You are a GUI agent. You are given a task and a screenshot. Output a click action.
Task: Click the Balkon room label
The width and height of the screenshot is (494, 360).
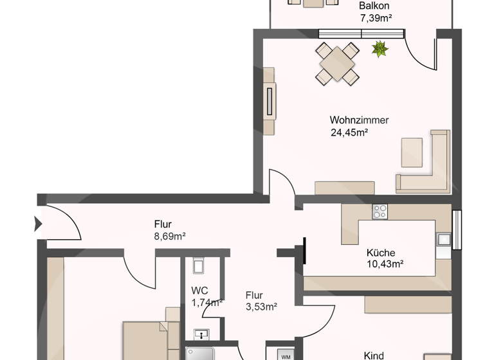click(x=374, y=6)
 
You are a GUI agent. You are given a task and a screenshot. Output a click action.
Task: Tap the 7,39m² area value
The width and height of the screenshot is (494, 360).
click(x=376, y=18)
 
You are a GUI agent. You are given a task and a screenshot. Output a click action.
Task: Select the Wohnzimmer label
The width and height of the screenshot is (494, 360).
click(x=359, y=120)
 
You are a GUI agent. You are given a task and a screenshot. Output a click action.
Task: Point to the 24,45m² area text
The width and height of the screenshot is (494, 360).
click(x=349, y=133)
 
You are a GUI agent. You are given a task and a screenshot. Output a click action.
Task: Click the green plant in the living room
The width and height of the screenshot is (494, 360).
click(x=380, y=49)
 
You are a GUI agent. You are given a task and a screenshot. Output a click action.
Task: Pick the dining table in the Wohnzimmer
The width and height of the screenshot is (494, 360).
click(x=336, y=64)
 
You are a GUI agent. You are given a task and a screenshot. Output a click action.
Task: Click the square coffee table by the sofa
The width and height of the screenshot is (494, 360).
click(x=412, y=152)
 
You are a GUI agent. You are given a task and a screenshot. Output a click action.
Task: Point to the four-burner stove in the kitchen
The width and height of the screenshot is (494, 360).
click(x=380, y=212)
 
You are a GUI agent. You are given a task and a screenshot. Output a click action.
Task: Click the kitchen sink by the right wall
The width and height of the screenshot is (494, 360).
click(x=444, y=240)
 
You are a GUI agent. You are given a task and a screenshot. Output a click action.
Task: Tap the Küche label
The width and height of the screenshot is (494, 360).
click(x=381, y=253)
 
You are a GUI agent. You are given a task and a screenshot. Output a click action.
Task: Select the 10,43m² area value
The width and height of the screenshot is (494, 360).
click(x=385, y=264)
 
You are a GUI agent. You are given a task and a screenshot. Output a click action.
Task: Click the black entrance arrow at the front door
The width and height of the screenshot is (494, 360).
click(x=37, y=224)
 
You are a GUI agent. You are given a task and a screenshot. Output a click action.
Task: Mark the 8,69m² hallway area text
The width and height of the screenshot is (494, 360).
click(x=170, y=237)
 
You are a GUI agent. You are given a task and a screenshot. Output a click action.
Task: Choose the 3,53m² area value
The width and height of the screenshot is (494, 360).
click(x=261, y=307)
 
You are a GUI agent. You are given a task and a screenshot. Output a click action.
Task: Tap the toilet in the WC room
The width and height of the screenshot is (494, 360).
click(x=198, y=265)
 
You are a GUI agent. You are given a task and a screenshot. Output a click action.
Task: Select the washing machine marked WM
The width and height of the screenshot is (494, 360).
click(x=286, y=355)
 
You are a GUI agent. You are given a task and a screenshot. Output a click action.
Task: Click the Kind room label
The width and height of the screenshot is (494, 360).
click(x=374, y=355)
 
